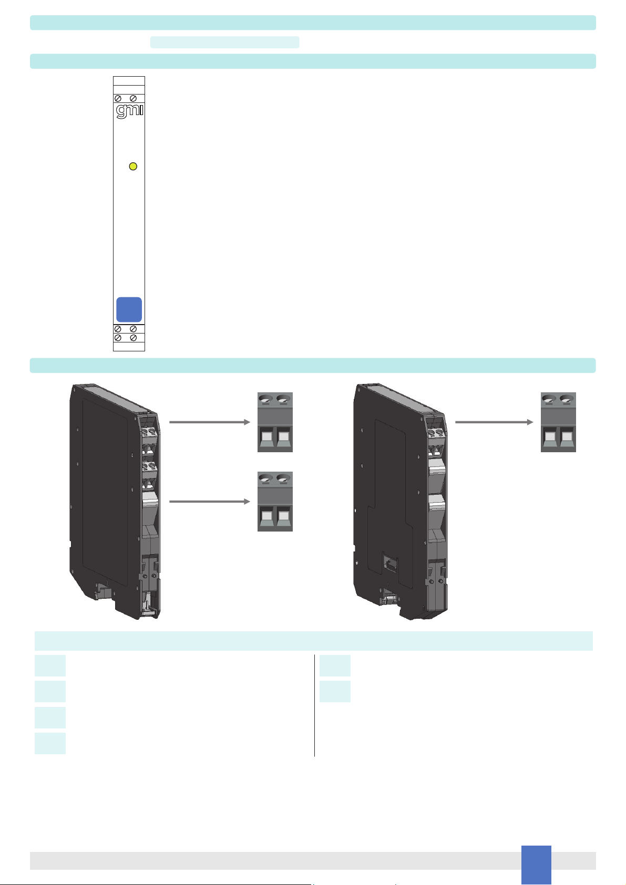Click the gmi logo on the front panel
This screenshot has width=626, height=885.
point(129,111)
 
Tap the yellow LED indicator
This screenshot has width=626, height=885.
point(134,166)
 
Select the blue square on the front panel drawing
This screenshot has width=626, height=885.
point(129,310)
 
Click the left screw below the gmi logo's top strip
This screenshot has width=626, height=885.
point(118,98)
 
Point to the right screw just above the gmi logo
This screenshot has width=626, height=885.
point(134,98)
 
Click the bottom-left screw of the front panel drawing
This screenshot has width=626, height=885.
point(118,338)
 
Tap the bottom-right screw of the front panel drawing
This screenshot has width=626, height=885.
point(134,338)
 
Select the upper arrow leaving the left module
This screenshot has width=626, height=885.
point(210,422)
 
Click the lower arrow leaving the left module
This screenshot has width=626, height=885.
point(210,502)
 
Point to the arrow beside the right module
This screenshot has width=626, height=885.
point(494,422)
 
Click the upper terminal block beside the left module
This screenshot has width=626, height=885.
point(275,422)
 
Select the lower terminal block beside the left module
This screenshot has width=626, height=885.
point(275,502)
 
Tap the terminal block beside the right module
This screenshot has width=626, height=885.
point(558,422)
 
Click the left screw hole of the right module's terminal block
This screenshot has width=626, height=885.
point(549,399)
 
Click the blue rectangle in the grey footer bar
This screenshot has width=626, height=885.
point(536,865)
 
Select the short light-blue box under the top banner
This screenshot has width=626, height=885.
point(224,42)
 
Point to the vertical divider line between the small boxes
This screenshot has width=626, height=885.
point(314,705)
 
